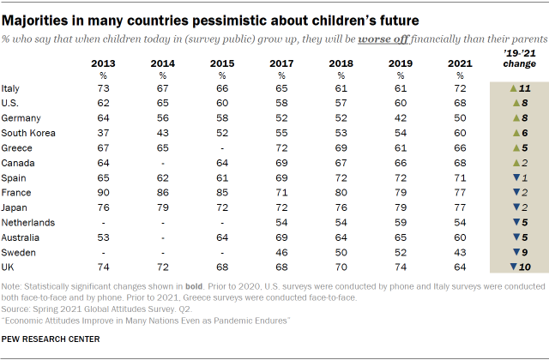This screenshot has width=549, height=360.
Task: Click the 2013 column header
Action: pos(103,63)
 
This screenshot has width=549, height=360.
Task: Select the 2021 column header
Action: pos(459,63)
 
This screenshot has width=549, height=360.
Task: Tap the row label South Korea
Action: pos(28,133)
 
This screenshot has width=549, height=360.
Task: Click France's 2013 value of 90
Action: pos(103,191)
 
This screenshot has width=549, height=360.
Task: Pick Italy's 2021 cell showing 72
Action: pos(459,88)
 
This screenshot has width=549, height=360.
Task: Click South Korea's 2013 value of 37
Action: pos(103,133)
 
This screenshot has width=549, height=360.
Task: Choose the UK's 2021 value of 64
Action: pos(459,265)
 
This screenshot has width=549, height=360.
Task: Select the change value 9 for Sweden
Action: pos(522,250)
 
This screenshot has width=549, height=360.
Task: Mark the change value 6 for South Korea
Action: pos(522,133)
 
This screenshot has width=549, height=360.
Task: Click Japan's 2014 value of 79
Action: pos(162,206)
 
